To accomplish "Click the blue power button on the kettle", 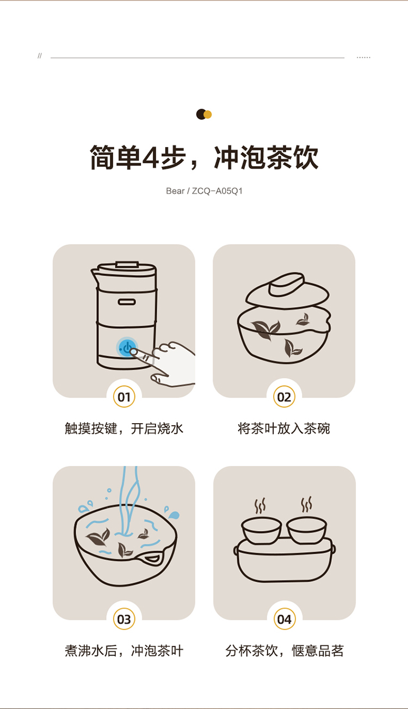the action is [127, 347].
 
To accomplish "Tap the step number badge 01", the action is [124, 396].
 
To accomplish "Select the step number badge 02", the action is [284, 396].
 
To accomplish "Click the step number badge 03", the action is [124, 619].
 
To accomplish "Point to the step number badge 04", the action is [285, 619].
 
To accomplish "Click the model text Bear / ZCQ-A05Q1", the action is [204, 191].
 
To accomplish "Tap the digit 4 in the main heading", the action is [151, 157].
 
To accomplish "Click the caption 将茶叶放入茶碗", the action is [284, 429].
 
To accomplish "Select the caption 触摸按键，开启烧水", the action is [124, 429].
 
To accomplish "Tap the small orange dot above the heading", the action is [208, 114].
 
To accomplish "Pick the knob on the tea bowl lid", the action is [287, 284].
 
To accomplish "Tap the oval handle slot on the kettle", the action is [127, 302].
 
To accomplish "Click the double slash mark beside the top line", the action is [40, 56].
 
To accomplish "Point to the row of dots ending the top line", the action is [363, 57].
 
